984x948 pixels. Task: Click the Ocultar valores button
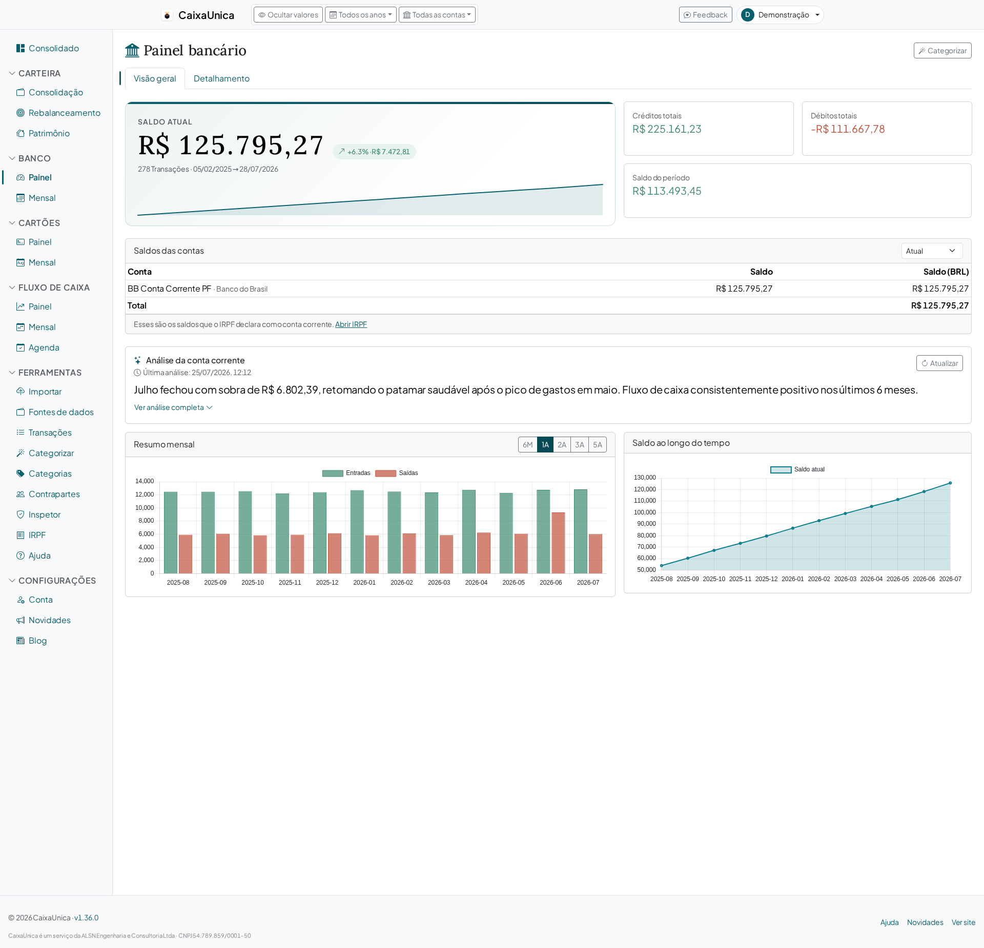point(288,15)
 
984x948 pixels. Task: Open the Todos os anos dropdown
point(361,15)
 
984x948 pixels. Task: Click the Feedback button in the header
point(705,15)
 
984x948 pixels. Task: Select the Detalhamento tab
point(221,78)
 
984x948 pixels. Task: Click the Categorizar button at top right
point(942,51)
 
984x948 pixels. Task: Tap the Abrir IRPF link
point(351,324)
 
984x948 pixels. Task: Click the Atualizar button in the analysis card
point(939,363)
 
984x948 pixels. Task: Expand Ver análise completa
point(173,407)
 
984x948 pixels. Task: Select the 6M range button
point(528,445)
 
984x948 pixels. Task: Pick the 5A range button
point(598,445)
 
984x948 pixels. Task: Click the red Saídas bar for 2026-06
point(558,543)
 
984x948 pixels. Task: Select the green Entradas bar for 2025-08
point(171,532)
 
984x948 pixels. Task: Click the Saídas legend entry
point(397,473)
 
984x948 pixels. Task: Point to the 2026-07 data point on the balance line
point(950,483)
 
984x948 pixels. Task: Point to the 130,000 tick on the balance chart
point(645,478)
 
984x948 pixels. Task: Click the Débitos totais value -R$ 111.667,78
point(848,129)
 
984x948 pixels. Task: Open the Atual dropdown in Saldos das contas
point(932,251)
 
